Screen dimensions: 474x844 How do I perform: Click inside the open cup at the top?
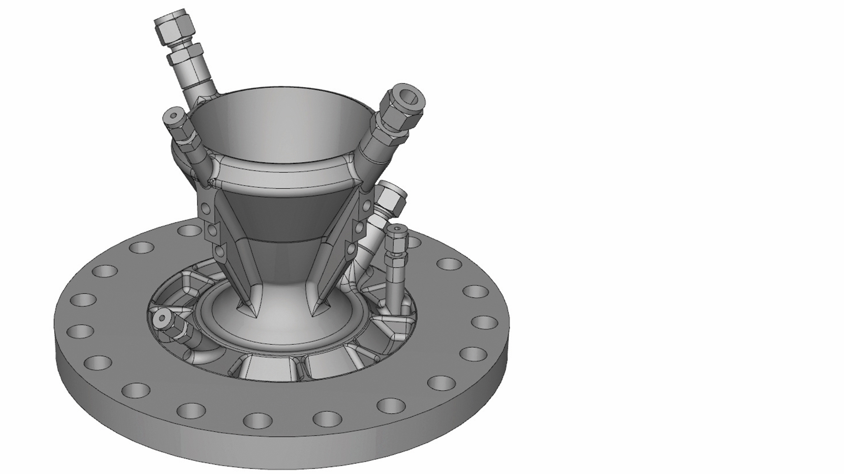coord(277,128)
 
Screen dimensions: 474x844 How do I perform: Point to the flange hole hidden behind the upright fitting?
coord(414,242)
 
